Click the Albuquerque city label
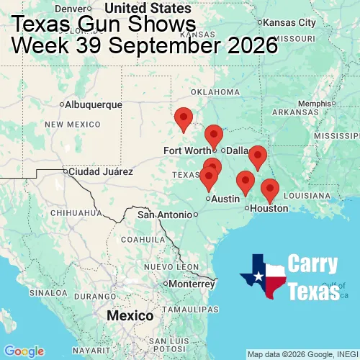pos(94,104)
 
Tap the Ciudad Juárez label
pos(100,172)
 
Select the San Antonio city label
pos(166,215)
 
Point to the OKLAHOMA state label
pos(215,92)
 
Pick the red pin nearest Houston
pos(269,190)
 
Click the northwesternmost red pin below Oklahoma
pos(184,119)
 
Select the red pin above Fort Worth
pos(214,135)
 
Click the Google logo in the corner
pos(23,351)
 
